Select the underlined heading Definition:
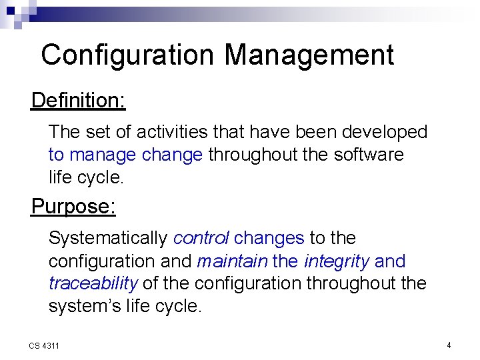(x=78, y=101)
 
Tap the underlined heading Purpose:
(x=73, y=207)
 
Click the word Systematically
(x=108, y=238)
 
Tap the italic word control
(x=201, y=238)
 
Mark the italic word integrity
(x=336, y=261)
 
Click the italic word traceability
(x=93, y=284)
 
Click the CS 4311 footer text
(x=44, y=345)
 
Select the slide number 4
(x=449, y=345)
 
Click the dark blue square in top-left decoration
(x=11, y=11)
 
